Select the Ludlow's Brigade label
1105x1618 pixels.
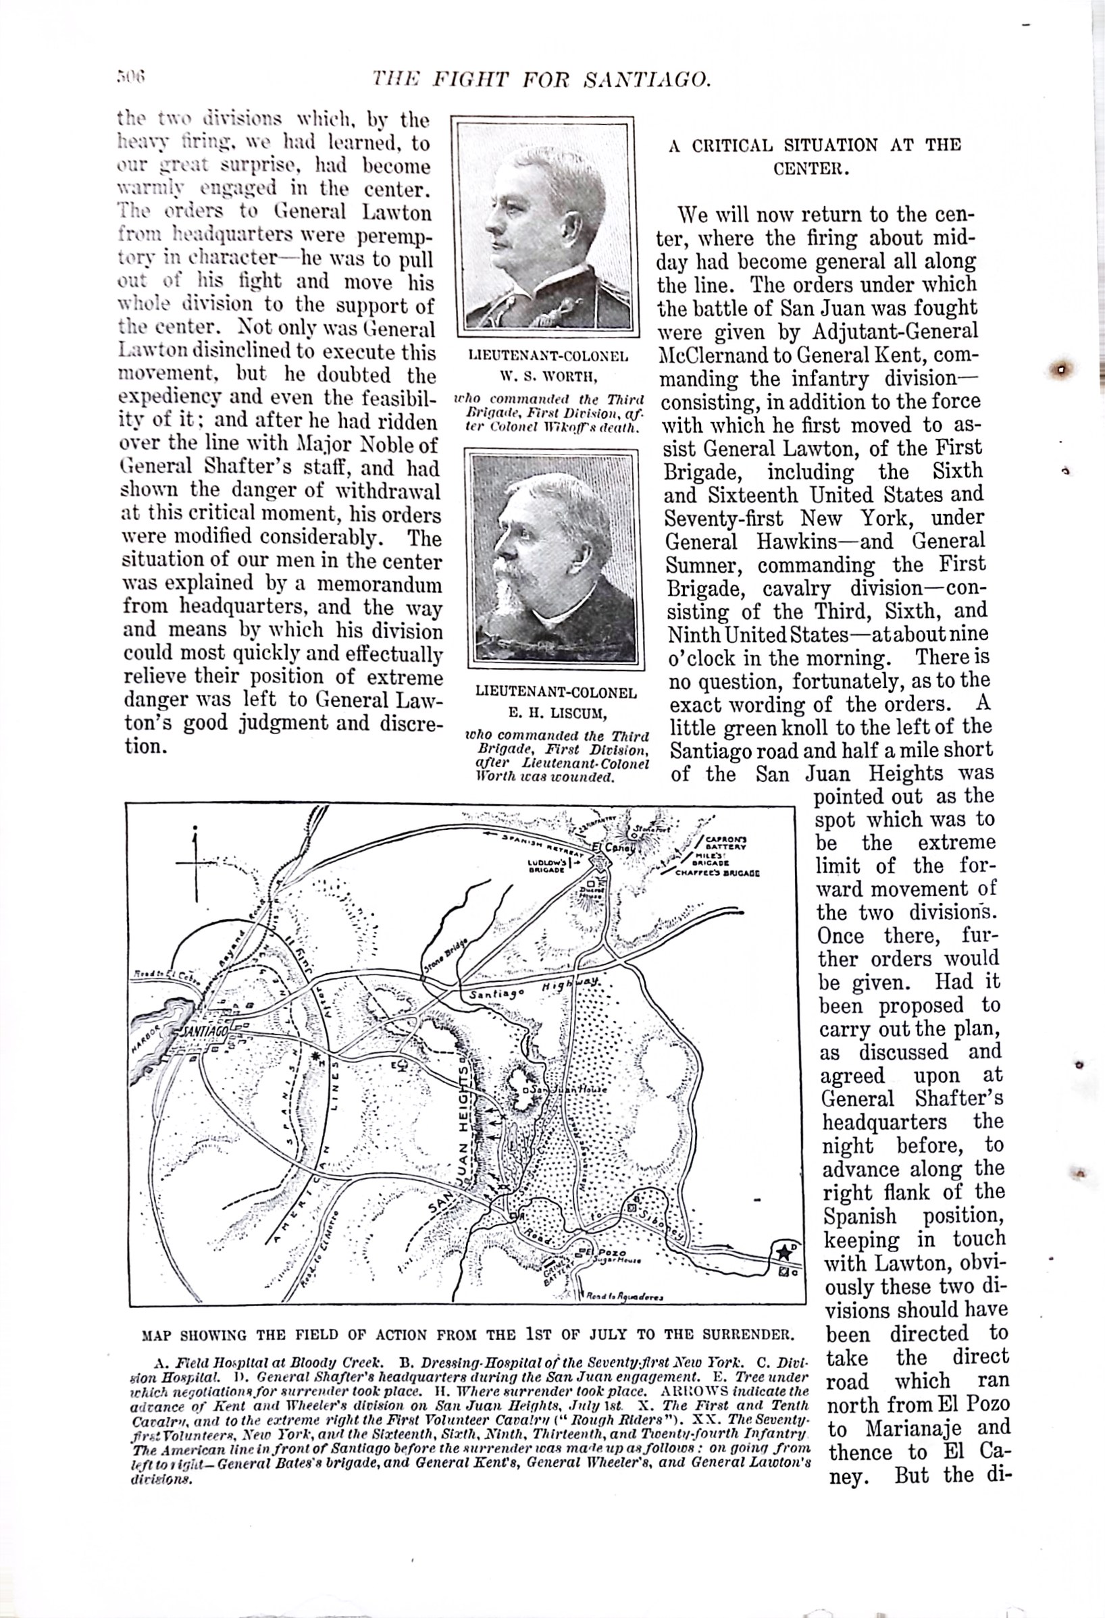(x=546, y=866)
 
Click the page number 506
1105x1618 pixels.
(x=130, y=76)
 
